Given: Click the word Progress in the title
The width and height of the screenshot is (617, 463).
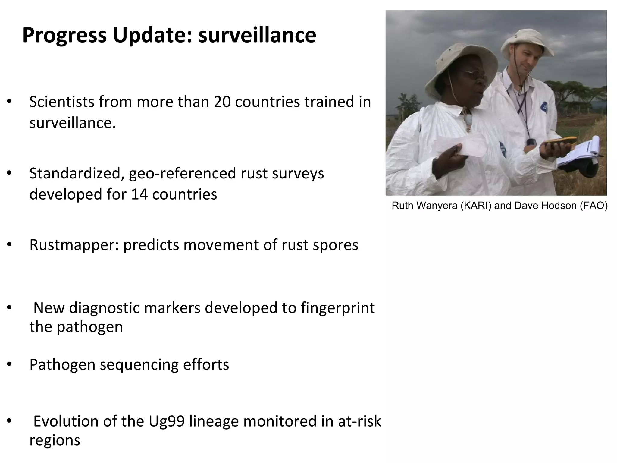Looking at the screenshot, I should (64, 36).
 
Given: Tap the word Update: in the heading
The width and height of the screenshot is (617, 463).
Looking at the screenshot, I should (152, 36).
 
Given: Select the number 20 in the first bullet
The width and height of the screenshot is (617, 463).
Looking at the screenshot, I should (222, 102).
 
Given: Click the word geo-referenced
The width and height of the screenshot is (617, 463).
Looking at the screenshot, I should (183, 174).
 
